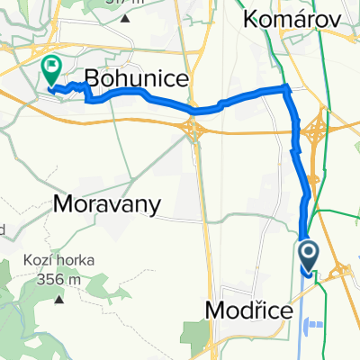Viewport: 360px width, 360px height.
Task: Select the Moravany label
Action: tap(107, 204)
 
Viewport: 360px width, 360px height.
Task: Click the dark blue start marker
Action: tap(308, 256)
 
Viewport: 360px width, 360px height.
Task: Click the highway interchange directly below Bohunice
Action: tap(193, 130)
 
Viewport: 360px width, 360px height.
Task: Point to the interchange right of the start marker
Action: tap(342, 271)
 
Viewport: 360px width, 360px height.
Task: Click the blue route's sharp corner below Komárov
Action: tap(286, 88)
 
